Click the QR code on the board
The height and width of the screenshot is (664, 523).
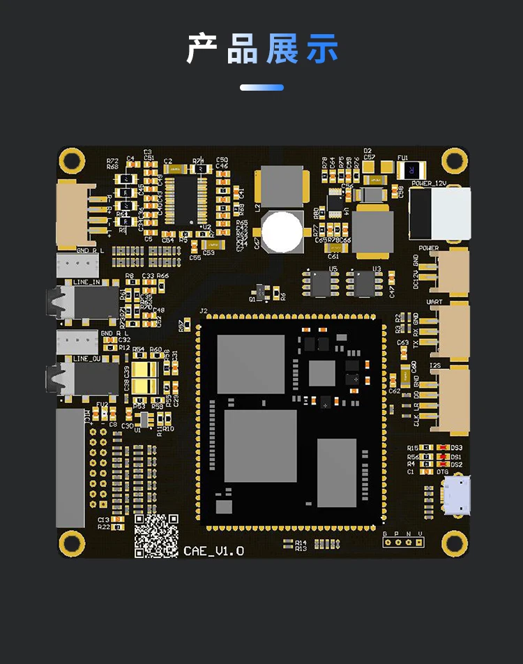point(156,536)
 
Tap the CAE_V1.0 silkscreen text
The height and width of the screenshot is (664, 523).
point(214,551)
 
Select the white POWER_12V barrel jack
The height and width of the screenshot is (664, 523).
point(439,213)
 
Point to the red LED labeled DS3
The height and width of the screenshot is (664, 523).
point(441,448)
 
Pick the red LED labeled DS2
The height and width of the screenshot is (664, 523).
point(441,465)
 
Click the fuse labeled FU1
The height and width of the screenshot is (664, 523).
point(411,170)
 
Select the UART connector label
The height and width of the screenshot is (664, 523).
point(434,302)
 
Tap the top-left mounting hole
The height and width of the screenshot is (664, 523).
point(71,160)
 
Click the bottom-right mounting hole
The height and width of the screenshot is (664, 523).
point(454,543)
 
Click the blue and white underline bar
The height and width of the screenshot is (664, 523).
point(261,88)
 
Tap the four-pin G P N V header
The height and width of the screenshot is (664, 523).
point(403,541)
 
